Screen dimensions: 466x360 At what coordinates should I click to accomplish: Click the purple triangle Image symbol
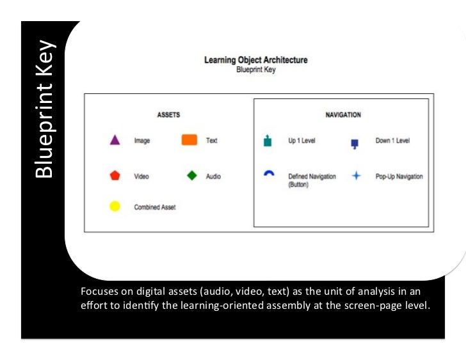point(115,140)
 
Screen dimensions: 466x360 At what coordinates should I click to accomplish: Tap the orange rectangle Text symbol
point(189,140)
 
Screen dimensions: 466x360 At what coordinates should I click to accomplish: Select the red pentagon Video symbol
point(115,176)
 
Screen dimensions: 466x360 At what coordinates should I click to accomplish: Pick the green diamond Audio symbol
point(191,176)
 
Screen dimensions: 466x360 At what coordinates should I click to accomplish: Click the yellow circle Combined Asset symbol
point(115,207)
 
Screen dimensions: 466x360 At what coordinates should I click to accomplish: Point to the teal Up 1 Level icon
point(268,141)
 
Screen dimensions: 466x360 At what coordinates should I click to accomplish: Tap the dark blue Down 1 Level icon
point(354,144)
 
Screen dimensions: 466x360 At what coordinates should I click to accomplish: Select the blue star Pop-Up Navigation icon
point(357,176)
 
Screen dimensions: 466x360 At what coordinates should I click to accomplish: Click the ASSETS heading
point(168,115)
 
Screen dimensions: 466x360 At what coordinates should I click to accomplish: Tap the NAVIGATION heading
point(343,115)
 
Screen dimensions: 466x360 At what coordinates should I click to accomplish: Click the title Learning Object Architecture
point(255,60)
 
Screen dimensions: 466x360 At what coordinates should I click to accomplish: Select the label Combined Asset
point(154,207)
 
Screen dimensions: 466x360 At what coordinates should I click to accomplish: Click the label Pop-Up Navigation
point(399,176)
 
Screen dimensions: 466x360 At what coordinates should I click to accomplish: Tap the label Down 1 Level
point(392,141)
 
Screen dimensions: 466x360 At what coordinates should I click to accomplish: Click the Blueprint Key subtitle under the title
point(255,70)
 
